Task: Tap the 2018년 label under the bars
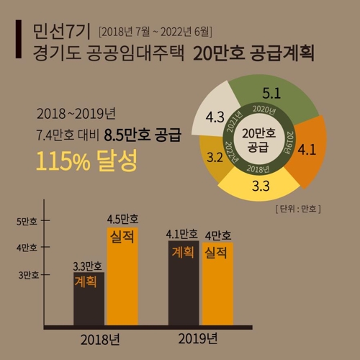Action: [x=105, y=338]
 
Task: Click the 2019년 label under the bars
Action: [x=200, y=338]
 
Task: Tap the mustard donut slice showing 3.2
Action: [x=214, y=156]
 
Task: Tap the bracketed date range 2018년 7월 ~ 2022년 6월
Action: [x=156, y=31]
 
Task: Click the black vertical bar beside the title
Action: [x=17, y=42]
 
